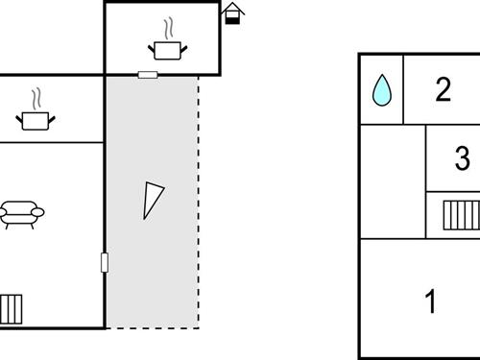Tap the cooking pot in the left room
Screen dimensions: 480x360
coord(36,120)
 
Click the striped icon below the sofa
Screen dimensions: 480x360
coord(12,309)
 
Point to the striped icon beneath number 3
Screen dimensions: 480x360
coord(462,213)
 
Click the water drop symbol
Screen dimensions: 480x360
coord(381,90)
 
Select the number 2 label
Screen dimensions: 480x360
coord(443,89)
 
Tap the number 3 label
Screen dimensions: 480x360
coord(462,156)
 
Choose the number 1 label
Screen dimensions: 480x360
coord(431,301)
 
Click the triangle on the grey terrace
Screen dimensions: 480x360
coord(152,199)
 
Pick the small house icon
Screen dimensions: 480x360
coord(232,11)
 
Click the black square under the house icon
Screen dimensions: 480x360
coord(231,19)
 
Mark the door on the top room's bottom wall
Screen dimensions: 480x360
coord(148,74)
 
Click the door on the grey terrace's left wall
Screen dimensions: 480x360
coord(104,261)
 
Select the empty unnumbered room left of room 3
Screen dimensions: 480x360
coord(393,182)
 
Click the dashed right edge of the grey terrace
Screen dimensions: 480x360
coord(199,202)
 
